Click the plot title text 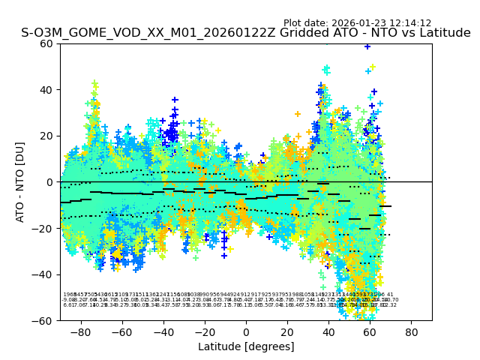[x=245, y=33]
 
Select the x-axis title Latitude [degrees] [x=246, y=346]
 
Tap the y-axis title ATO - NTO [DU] [x=20, y=181]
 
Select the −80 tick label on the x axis [x=80, y=331]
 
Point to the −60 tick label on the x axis [x=121, y=331]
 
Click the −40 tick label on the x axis [x=163, y=331]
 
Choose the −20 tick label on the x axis [x=204, y=331]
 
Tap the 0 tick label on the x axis [x=246, y=331]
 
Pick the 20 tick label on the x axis [x=287, y=331]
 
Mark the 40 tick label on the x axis [x=328, y=331]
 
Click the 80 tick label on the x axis [x=412, y=331]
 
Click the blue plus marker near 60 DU [x=367, y=46]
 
